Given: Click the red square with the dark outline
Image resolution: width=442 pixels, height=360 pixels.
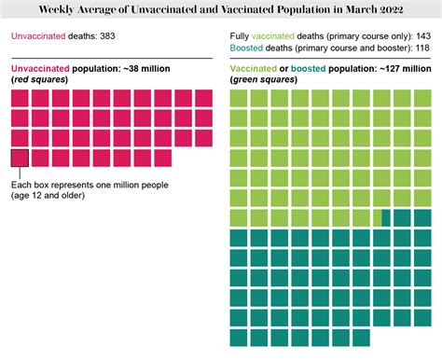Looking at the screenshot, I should (20, 158).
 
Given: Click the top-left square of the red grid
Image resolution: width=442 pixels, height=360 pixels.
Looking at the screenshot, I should (20, 99).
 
